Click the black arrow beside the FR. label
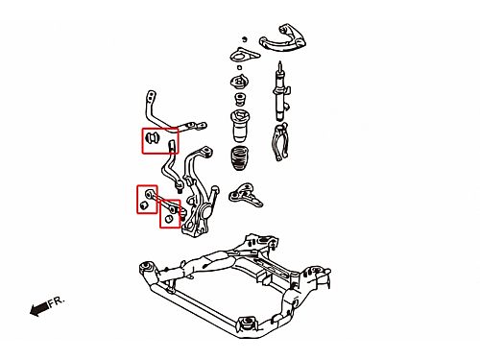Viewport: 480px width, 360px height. (x=39, y=309)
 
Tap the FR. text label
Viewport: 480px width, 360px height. (x=57, y=301)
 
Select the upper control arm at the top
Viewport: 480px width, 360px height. (x=283, y=38)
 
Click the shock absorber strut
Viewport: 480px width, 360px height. (x=281, y=93)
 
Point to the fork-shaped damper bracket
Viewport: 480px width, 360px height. (x=281, y=142)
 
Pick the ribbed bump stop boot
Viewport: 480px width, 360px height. (x=240, y=158)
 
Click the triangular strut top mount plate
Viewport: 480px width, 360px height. (x=245, y=56)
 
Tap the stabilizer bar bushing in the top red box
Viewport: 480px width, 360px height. (x=152, y=137)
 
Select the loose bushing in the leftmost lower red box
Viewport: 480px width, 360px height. (x=143, y=205)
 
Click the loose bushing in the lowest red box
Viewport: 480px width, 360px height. (x=169, y=218)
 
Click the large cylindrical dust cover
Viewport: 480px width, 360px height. (x=240, y=126)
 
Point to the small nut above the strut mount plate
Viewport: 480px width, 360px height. (x=245, y=39)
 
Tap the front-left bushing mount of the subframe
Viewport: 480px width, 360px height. (x=147, y=267)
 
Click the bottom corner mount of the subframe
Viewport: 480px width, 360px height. (x=248, y=323)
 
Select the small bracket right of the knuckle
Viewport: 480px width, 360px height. (x=246, y=194)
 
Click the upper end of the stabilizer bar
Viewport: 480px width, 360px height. (x=151, y=96)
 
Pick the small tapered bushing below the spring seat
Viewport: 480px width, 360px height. (x=240, y=99)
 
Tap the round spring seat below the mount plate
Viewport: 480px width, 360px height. (x=240, y=82)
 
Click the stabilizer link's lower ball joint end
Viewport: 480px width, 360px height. (x=180, y=186)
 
